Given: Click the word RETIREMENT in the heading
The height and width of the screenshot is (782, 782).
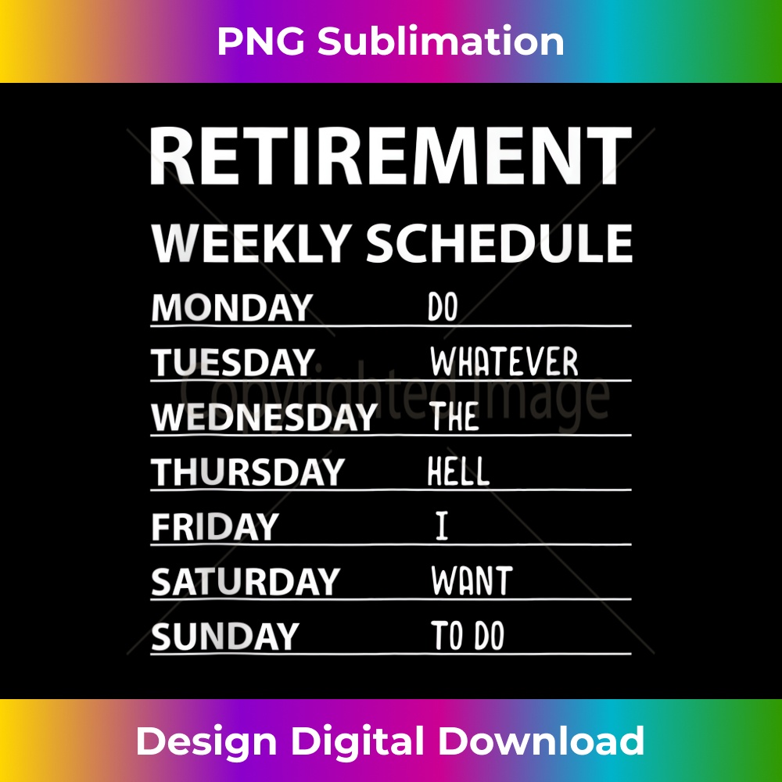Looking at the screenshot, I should coord(390,156).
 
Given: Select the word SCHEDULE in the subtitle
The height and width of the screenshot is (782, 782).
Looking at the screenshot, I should coord(499,243).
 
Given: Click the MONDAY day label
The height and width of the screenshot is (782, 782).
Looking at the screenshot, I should coord(231,308).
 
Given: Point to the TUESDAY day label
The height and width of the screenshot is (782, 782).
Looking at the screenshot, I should coord(231,363).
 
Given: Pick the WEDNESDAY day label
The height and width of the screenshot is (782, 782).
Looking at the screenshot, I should coord(264,418).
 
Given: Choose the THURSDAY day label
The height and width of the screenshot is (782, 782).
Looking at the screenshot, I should coord(247,472).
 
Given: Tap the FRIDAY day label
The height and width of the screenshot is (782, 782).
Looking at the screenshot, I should coord(214,527).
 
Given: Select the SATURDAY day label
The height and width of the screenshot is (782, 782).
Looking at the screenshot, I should coord(244,582).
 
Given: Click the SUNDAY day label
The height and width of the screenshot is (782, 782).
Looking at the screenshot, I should coord(224,637).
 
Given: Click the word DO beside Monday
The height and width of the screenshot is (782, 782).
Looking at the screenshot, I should coord(443,308).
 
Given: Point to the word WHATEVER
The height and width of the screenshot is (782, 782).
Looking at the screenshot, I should coord(504,363).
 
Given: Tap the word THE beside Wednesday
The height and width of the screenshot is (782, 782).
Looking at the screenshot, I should coord(454,418).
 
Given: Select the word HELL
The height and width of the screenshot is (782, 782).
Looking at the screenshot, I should coord(458,472).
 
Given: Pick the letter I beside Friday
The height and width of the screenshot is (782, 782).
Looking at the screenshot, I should coord(442,527).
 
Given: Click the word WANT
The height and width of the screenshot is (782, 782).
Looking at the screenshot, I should coord(472,582).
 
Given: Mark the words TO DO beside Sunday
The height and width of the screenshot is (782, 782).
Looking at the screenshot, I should coord(468,637).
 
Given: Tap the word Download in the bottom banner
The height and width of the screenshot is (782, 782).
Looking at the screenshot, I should coord(540,741).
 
